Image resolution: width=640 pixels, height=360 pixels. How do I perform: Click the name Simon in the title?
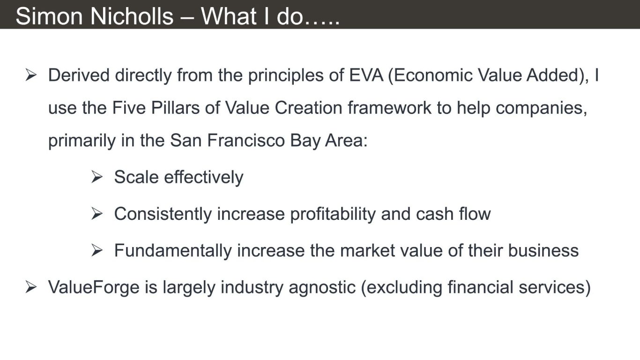(49, 16)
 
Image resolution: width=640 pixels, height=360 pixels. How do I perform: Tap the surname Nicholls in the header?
(132, 16)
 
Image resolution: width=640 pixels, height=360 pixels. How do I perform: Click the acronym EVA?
(366, 75)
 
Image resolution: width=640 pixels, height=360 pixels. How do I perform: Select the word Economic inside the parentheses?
(430, 75)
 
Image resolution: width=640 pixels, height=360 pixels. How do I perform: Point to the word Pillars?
(175, 108)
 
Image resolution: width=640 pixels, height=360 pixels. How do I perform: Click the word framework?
(389, 108)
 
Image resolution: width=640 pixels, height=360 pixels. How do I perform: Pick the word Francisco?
(246, 141)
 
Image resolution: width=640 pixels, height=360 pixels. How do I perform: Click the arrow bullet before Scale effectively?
(97, 177)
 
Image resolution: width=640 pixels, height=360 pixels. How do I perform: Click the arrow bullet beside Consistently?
(97, 214)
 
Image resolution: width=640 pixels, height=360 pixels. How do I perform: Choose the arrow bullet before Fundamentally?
(97, 250)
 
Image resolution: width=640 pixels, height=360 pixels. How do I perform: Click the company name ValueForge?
(94, 288)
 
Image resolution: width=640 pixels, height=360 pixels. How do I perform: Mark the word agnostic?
(322, 288)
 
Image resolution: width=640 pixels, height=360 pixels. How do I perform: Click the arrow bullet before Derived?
(31, 75)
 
